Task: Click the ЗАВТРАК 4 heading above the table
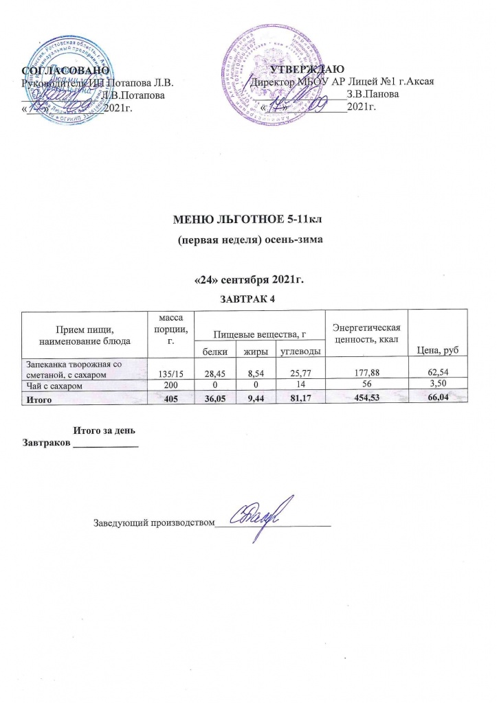pyautogui.click(x=250, y=299)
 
